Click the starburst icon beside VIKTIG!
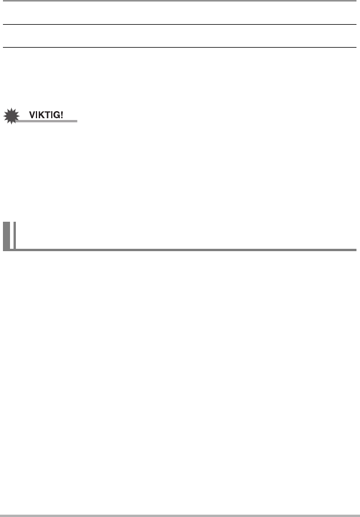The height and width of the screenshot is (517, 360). pos(12,116)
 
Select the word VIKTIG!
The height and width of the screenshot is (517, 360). pos(46,115)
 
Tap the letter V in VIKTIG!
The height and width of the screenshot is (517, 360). pos(32,115)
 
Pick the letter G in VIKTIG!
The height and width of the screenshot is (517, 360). pos(57,115)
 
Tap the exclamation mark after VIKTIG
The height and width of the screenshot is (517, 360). pos(62,115)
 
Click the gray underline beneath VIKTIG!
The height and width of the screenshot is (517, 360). pos(46,121)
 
